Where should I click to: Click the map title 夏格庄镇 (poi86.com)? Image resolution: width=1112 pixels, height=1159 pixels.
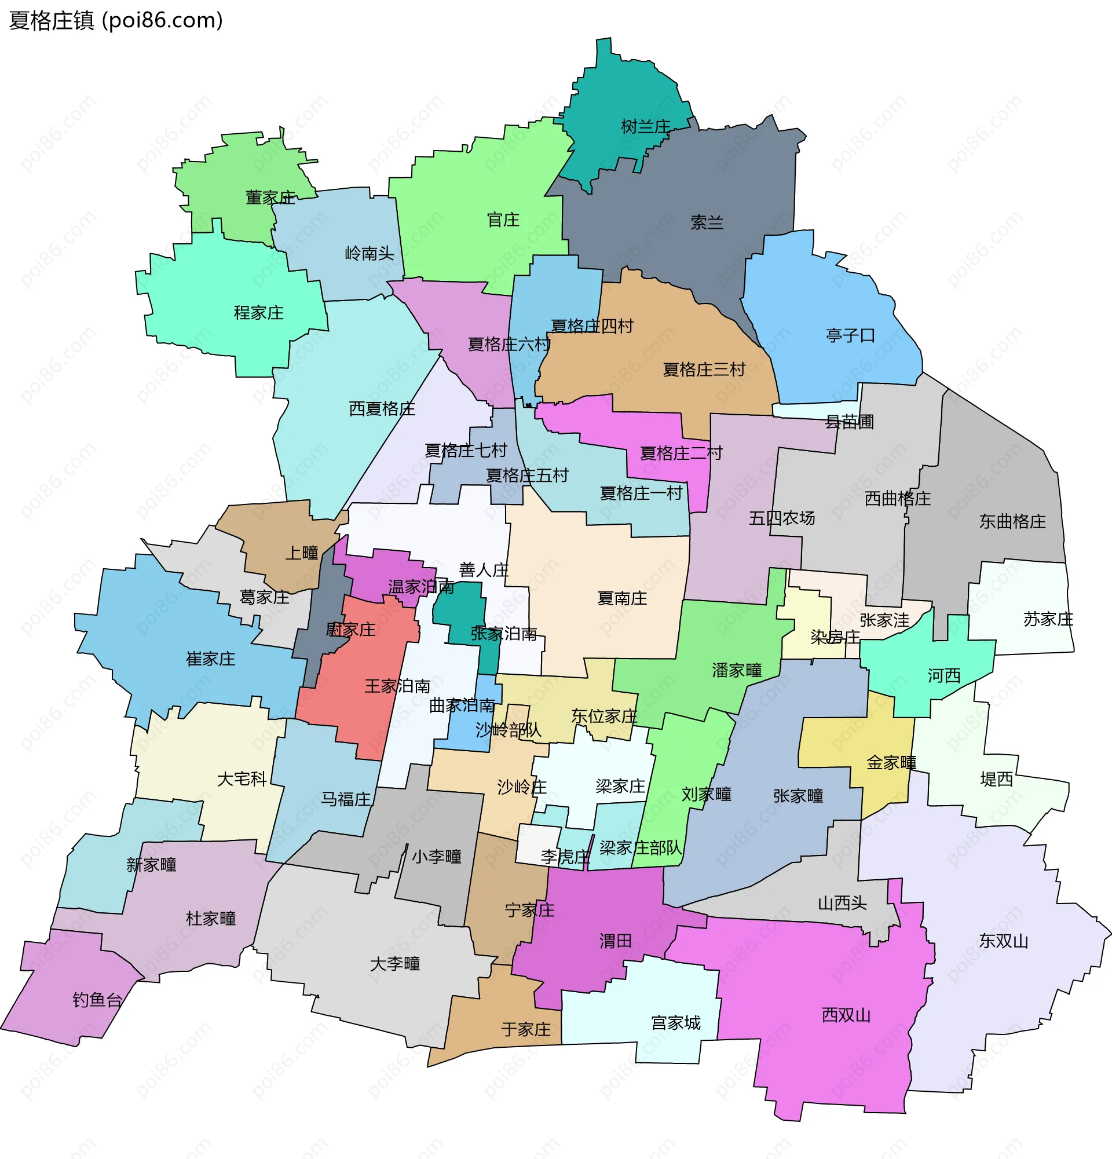pos(116,21)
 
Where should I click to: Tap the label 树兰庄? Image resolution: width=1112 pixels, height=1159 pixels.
pos(645,126)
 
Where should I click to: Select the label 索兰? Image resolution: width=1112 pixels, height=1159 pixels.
pos(707,222)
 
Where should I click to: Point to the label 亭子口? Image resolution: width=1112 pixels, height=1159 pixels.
pos(850,335)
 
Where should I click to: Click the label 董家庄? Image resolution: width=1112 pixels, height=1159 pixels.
pos(270,198)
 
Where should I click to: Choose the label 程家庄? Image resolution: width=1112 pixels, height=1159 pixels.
pos(258,312)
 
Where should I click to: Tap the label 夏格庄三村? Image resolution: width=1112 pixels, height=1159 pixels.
pos(704,370)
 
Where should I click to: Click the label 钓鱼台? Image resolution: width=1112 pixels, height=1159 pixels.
pos(97,1000)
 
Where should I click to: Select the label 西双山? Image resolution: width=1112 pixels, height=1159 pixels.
pos(846,1015)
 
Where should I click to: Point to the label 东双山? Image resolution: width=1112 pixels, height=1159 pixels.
pos(1003,941)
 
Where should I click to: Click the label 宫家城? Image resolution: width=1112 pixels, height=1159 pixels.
pos(675,1023)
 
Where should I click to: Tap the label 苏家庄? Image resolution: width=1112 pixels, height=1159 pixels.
pos(1048,619)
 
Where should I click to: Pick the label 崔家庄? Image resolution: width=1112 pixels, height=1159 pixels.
pos(210,659)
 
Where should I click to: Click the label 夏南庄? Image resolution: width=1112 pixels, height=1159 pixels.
pos(622,598)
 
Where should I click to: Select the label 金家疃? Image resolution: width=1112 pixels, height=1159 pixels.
pos(891,763)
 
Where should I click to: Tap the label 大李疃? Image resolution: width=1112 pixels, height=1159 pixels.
pos(395,964)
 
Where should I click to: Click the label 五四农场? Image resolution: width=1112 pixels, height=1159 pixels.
pos(781,518)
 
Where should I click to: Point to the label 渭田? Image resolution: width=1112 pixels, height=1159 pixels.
pos(616,941)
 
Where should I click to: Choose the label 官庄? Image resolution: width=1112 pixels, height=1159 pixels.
pos(503,220)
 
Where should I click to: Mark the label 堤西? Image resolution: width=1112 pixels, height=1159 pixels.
pos(996,780)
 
